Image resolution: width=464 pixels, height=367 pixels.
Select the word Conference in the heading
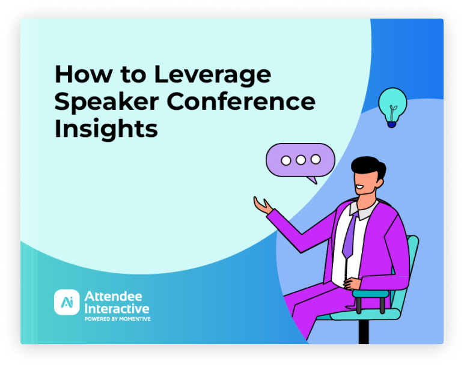click(x=241, y=101)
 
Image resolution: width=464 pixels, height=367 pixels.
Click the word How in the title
click(x=84, y=74)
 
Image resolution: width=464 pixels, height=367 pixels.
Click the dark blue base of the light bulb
click(x=391, y=124)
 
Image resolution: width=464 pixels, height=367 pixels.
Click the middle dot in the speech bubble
click(x=301, y=160)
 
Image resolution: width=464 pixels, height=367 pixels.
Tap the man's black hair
click(x=368, y=168)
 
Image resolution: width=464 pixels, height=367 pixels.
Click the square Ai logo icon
click(x=67, y=302)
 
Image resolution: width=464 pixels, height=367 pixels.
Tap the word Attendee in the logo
click(x=114, y=296)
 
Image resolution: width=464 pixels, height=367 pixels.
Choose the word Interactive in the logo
click(x=117, y=309)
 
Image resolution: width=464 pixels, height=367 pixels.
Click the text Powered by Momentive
click(x=117, y=319)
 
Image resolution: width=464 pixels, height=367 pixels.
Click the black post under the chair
click(x=364, y=332)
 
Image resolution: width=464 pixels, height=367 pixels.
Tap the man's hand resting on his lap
click(x=352, y=284)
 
